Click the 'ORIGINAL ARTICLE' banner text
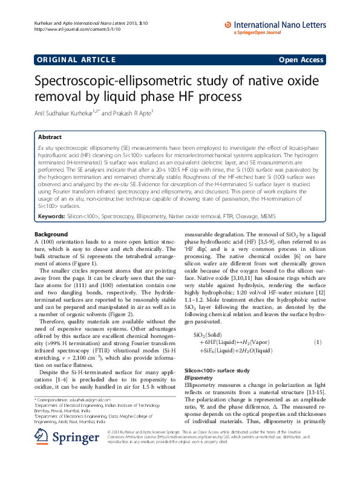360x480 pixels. [76, 59]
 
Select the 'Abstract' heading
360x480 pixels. [50, 137]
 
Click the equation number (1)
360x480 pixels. [317, 342]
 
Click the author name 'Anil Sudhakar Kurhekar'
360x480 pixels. [75, 112]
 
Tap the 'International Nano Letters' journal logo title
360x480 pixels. [281, 25]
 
